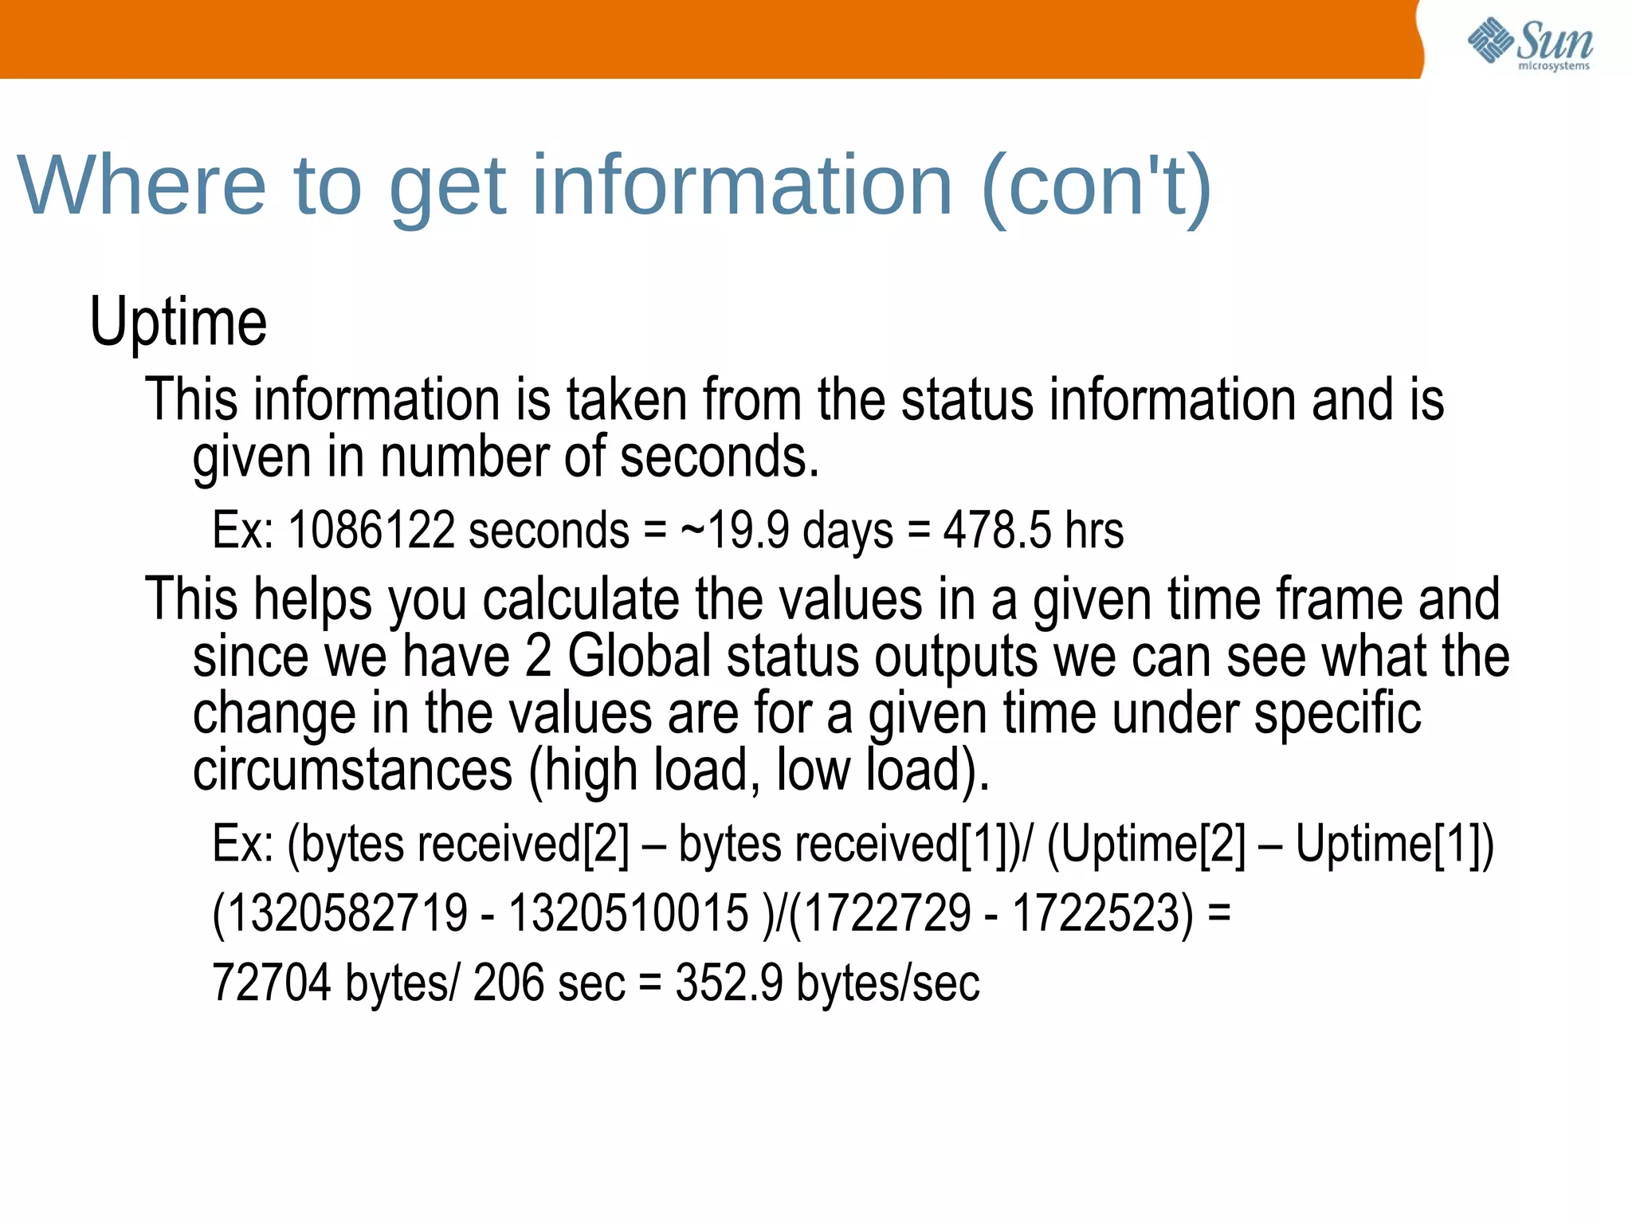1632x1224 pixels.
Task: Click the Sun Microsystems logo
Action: [x=1530, y=43]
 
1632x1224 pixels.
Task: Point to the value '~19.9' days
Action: [x=735, y=530]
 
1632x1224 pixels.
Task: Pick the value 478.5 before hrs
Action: [x=997, y=530]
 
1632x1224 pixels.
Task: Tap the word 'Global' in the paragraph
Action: [x=639, y=657]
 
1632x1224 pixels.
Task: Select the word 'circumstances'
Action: [x=353, y=770]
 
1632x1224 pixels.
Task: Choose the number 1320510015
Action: [x=629, y=912]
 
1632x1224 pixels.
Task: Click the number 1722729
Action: [x=887, y=912]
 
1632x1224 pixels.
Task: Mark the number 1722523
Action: [x=1103, y=912]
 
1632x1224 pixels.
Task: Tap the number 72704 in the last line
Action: [x=271, y=982]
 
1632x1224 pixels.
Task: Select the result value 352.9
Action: [x=729, y=982]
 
